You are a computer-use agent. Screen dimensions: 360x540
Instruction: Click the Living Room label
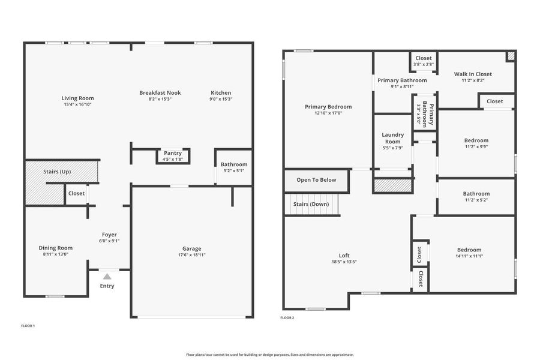(x=77, y=98)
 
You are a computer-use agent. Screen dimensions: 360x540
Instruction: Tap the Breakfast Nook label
(x=160, y=92)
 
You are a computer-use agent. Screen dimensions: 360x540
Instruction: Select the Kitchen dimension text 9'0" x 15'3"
(x=221, y=99)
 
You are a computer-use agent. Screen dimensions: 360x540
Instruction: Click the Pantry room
(x=173, y=156)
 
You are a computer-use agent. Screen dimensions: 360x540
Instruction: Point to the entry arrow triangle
(x=107, y=276)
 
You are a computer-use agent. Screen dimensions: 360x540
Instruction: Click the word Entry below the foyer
(x=107, y=286)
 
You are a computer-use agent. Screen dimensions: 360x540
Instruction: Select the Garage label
(x=191, y=248)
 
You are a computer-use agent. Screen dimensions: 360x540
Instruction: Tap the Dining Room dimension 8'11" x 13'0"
(x=56, y=254)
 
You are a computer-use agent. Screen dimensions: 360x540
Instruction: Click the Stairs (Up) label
(x=57, y=172)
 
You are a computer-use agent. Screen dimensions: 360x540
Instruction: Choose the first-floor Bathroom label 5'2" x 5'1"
(x=233, y=164)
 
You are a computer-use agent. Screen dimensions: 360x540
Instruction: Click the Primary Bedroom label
(x=328, y=107)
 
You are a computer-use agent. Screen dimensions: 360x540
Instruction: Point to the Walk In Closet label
(x=473, y=74)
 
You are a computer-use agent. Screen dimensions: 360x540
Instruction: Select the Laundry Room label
(x=393, y=138)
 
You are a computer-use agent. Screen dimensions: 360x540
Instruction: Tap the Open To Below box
(x=316, y=180)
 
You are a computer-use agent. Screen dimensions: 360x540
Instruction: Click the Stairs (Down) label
(x=311, y=204)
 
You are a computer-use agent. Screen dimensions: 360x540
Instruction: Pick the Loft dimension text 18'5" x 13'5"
(x=344, y=262)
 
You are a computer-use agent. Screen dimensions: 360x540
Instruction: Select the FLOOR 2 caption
(x=287, y=317)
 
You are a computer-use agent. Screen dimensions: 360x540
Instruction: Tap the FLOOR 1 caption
(x=28, y=325)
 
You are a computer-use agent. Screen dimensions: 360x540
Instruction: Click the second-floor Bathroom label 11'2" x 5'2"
(x=476, y=194)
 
